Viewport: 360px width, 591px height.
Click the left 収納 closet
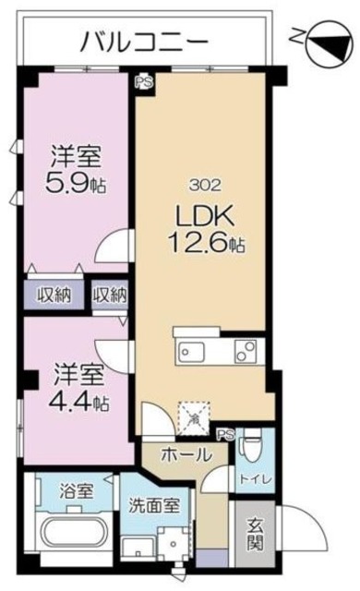tap(54, 295)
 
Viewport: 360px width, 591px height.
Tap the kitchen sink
tap(196, 353)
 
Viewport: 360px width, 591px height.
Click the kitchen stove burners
tap(246, 352)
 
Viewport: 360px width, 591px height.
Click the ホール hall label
tap(186, 454)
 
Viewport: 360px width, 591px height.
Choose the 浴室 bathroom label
tap(72, 490)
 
